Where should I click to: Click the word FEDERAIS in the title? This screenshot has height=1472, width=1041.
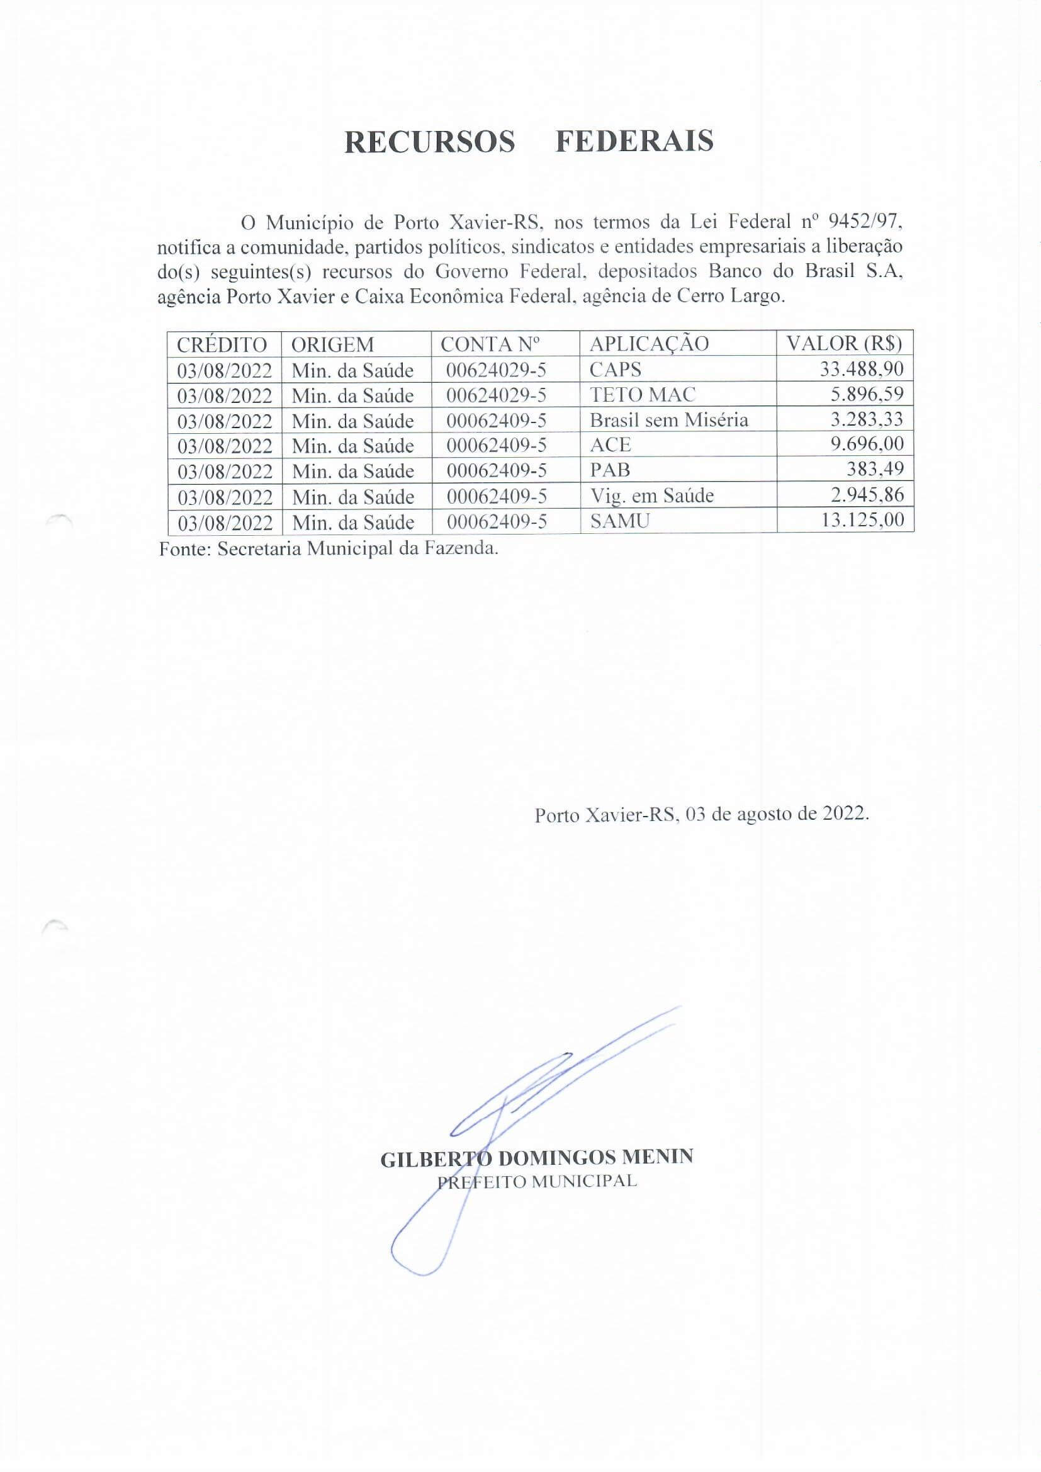pyautogui.click(x=634, y=142)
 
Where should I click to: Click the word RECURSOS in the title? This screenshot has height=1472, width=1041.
pyautogui.click(x=429, y=142)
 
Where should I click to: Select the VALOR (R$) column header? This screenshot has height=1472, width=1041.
pyautogui.click(x=843, y=344)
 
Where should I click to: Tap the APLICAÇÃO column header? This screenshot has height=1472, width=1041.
pyautogui.click(x=649, y=344)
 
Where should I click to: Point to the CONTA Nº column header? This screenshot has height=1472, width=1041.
pyautogui.click(x=490, y=344)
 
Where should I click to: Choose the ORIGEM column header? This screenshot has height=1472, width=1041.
pyautogui.click(x=332, y=344)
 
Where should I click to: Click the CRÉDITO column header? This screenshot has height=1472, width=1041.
pyautogui.click(x=222, y=344)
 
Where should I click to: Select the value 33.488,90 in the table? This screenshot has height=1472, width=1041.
pyautogui.click(x=862, y=369)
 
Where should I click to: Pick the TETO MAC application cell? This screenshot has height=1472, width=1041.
pyautogui.click(x=643, y=394)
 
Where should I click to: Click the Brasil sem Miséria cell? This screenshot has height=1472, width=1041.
pyautogui.click(x=668, y=420)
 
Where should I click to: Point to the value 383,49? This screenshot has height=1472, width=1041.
pyautogui.click(x=875, y=469)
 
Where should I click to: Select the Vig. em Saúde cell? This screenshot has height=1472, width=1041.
pyautogui.click(x=651, y=495)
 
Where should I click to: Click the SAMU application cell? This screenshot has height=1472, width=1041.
pyautogui.click(x=619, y=521)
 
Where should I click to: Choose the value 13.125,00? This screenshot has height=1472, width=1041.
pyautogui.click(x=862, y=519)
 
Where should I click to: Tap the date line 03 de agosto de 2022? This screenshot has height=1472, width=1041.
pyautogui.click(x=702, y=814)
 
